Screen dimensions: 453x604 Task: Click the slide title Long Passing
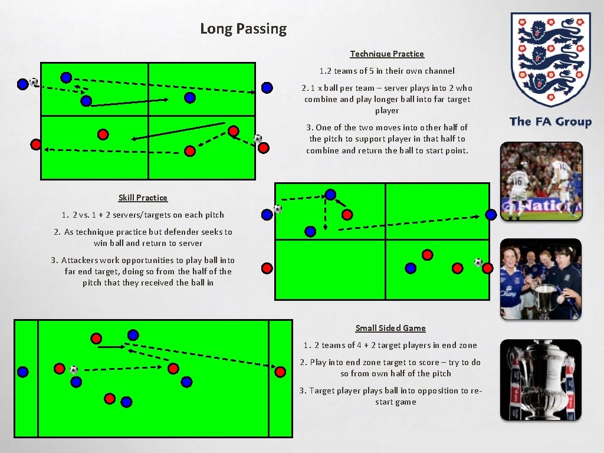[x=243, y=28]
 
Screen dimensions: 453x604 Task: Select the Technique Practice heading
[x=387, y=54]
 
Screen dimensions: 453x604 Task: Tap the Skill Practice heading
[x=143, y=198]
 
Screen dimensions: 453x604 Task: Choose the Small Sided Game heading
[x=390, y=328]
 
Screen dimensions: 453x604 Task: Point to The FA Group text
[x=550, y=122]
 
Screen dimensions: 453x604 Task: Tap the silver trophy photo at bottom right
[x=541, y=380]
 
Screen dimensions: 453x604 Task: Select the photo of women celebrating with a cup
[x=541, y=279]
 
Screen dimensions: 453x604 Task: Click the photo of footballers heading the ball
[x=541, y=181]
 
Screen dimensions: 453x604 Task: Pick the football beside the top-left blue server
[x=34, y=82]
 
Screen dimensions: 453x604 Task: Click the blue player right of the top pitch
[x=267, y=88]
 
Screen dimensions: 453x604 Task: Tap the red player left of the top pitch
[x=35, y=143]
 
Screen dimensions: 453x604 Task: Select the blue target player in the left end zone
[x=22, y=372]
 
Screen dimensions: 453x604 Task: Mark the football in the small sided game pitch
[x=73, y=370]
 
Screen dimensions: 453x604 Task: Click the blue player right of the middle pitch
[x=491, y=214]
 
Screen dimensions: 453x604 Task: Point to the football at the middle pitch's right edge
[x=478, y=262]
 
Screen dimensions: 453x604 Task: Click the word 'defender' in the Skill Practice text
[x=175, y=232]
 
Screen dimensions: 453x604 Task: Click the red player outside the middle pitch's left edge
[x=267, y=268]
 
